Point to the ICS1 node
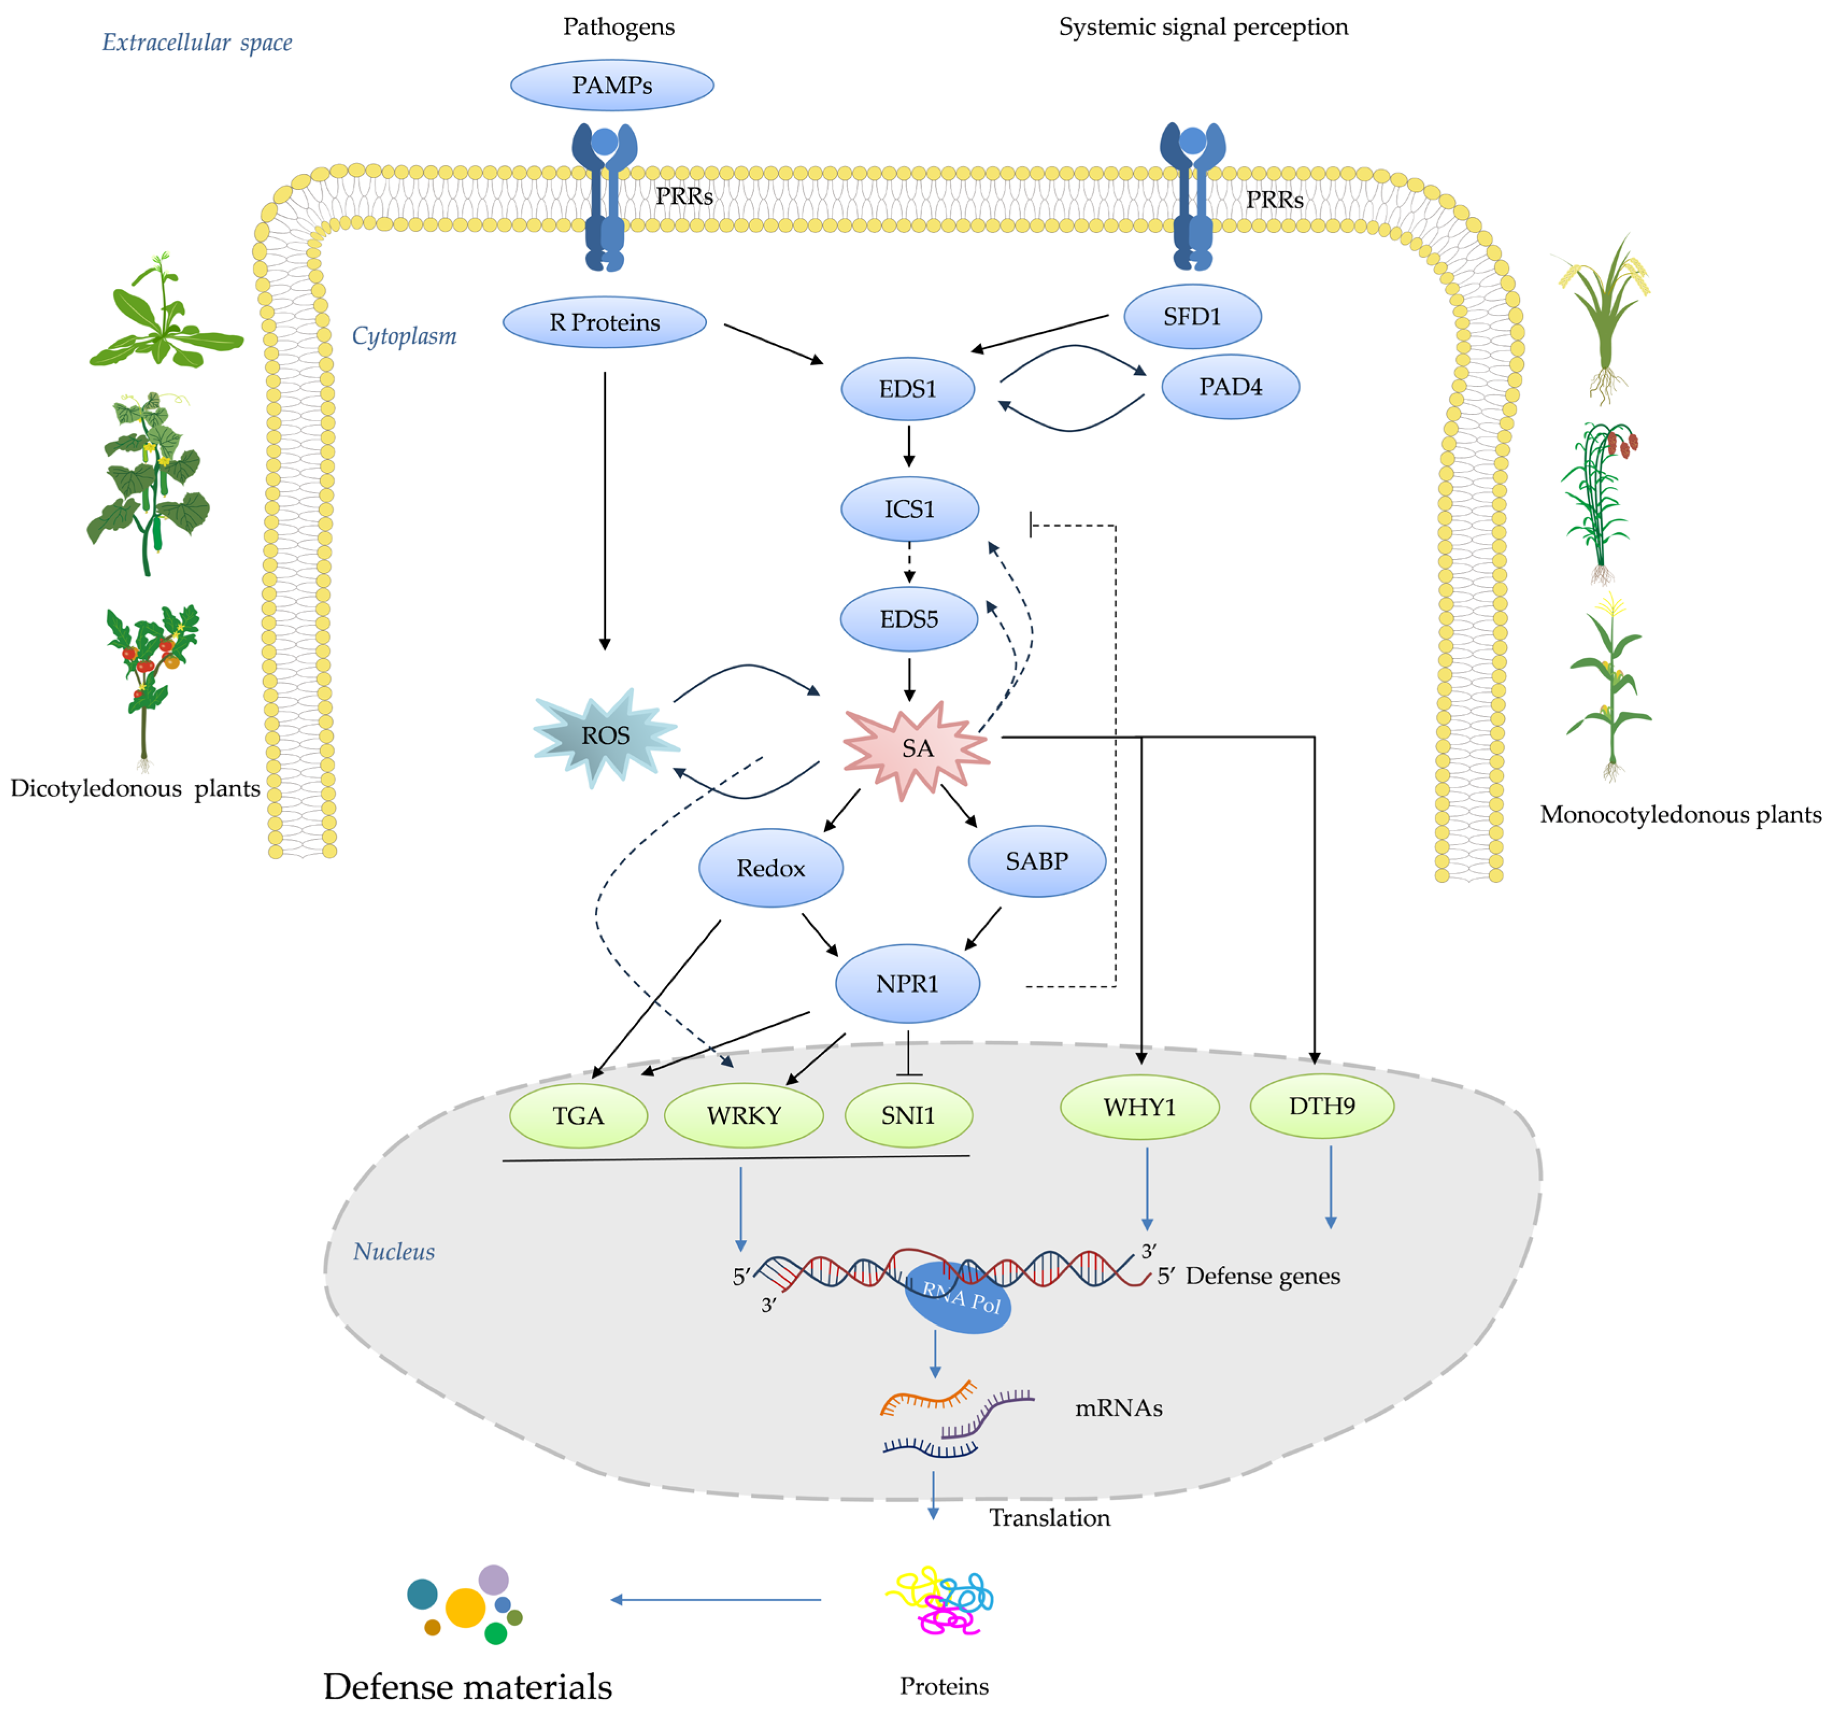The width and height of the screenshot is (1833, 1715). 909,509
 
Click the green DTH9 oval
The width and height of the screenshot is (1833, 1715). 1321,1105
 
